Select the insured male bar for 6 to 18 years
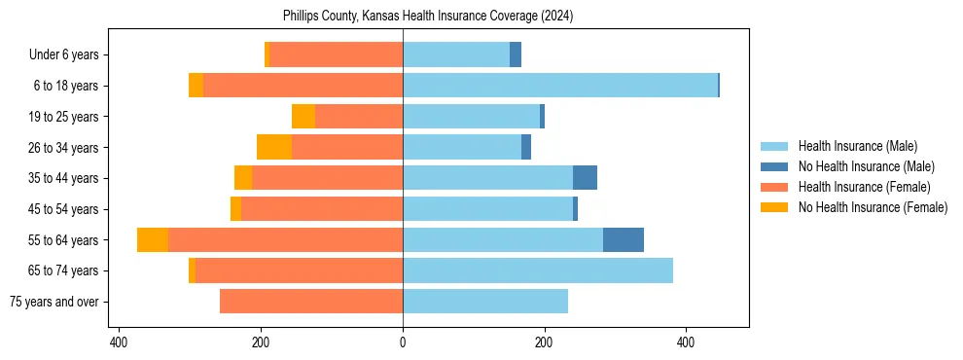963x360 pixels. (559, 86)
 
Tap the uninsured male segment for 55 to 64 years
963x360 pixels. (623, 239)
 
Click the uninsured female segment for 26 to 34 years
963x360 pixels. (274, 147)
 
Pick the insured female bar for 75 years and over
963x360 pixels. (311, 302)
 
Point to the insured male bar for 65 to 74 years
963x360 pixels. (537, 270)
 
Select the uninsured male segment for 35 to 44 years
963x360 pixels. (585, 178)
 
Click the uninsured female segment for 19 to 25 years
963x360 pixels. (303, 117)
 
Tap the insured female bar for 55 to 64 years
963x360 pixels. (285, 239)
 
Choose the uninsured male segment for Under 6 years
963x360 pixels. (516, 54)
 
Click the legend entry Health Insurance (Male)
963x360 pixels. (857, 146)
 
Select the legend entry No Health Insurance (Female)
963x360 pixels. (873, 207)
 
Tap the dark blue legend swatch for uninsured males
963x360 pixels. (774, 166)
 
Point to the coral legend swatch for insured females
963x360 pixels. (774, 187)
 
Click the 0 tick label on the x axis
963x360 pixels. (403, 342)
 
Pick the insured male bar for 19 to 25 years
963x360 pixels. (471, 117)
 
